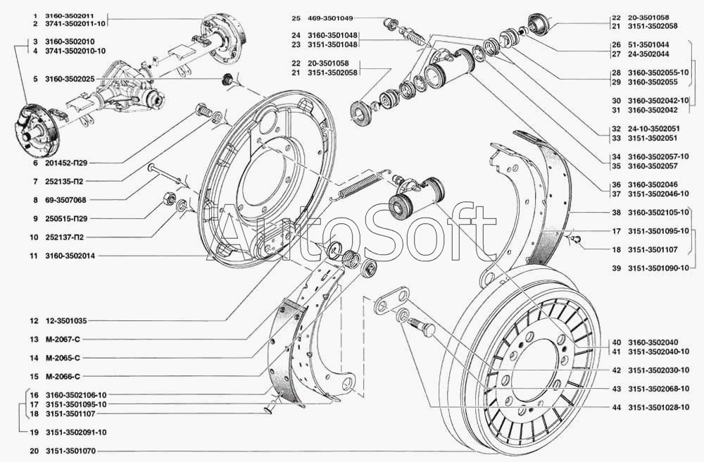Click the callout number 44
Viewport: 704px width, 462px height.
click(x=615, y=407)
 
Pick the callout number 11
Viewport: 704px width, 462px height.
click(x=33, y=256)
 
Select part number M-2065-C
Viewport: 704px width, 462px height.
click(x=65, y=357)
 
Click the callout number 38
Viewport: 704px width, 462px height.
click(x=615, y=211)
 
